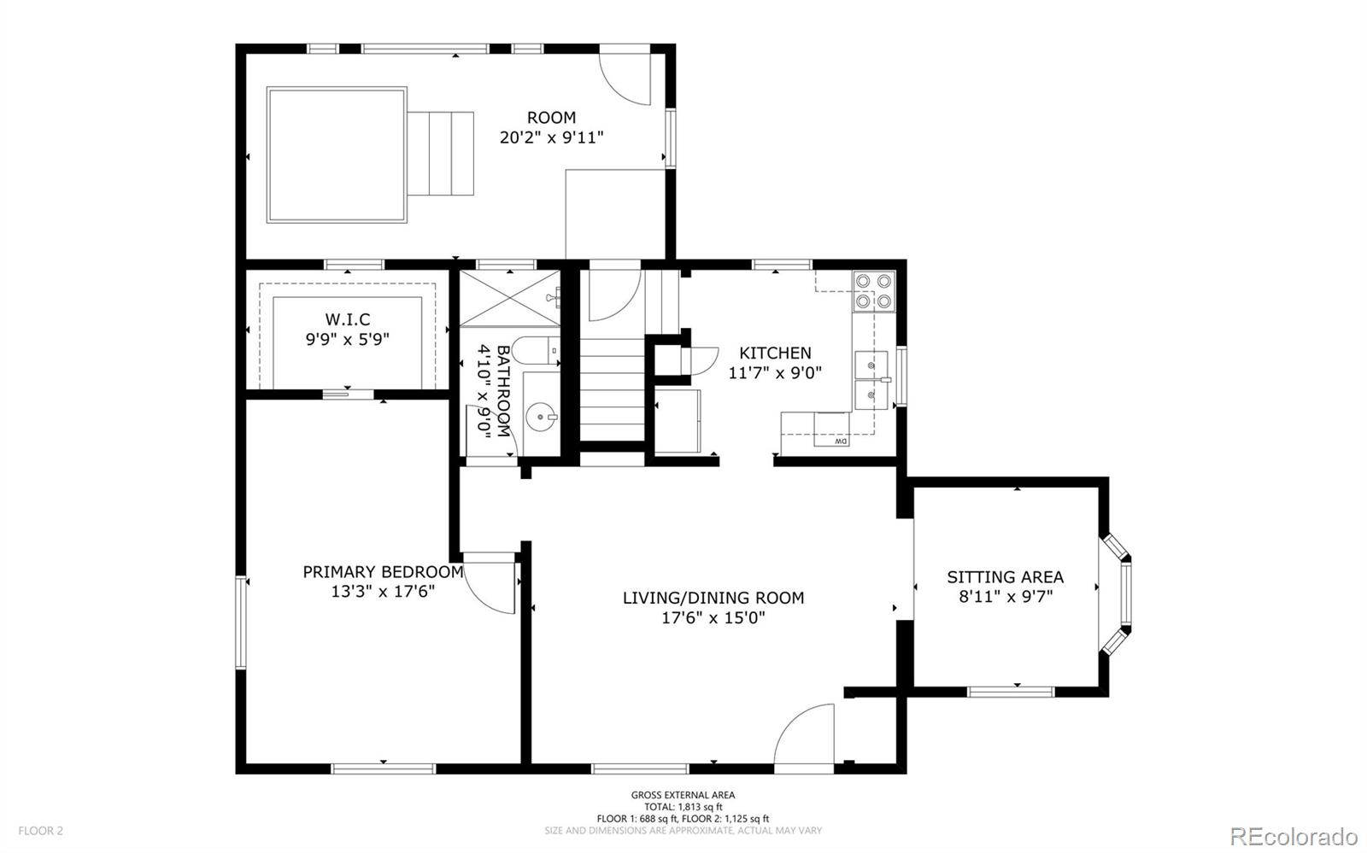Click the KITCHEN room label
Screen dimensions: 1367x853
point(775,353)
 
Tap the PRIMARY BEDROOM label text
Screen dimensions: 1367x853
point(384,572)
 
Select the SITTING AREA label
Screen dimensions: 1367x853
point(1005,577)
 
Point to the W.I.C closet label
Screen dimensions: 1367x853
point(347,318)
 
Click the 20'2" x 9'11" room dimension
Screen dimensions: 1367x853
point(551,137)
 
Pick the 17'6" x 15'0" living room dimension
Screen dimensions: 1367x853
point(713,618)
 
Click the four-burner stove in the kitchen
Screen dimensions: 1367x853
point(874,291)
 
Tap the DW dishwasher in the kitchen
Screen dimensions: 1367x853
point(831,429)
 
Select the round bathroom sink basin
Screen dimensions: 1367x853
point(541,417)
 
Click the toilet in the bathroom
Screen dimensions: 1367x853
point(535,350)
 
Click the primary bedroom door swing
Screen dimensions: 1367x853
point(488,583)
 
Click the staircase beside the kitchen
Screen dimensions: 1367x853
point(612,389)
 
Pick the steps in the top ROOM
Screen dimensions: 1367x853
point(441,154)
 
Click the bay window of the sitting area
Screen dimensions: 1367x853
point(1116,594)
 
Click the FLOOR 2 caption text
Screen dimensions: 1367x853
point(40,831)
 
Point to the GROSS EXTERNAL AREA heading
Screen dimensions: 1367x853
point(683,795)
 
